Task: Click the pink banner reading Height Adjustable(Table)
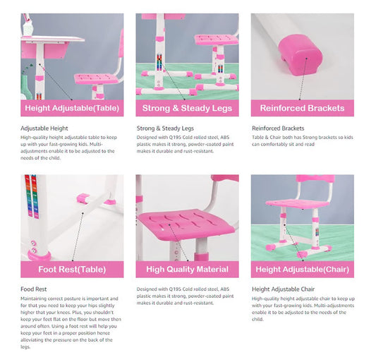coord(72,108)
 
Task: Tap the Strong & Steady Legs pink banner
coord(187,108)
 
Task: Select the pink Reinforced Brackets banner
coord(303,108)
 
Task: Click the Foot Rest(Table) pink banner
coord(72,269)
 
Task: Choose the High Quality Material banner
coord(187,269)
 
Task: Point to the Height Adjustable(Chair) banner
coord(303,269)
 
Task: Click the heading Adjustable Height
coord(44,128)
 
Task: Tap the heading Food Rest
coord(34,289)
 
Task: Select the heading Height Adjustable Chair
coord(283,289)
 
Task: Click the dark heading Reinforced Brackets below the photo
coord(278,128)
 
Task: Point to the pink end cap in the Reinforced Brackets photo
coord(300,55)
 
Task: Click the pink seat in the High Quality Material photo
coord(185,224)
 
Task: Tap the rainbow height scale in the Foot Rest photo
coord(32,196)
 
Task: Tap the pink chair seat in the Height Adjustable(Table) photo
coord(97,79)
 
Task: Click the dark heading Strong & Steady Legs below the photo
coord(165,128)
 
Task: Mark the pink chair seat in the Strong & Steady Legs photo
coord(217,40)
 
